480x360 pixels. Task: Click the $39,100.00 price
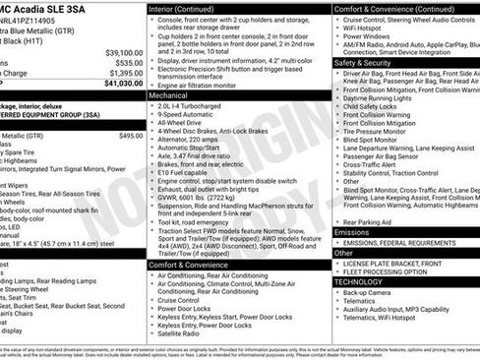(123, 52)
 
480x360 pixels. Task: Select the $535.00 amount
(127, 63)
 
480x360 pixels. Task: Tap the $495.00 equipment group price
(130, 136)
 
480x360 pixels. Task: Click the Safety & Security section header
(366, 61)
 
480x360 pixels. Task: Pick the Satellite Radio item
(183, 333)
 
